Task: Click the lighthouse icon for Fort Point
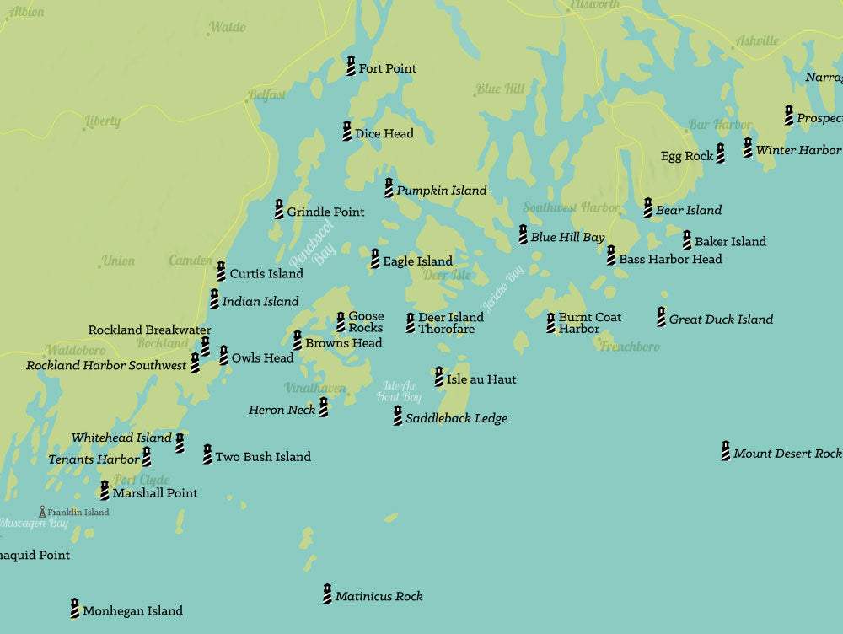point(351,66)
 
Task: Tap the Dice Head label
point(384,133)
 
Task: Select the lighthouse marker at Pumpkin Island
point(389,188)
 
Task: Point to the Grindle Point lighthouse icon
point(279,209)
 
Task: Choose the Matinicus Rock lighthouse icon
point(327,594)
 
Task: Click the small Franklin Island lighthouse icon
point(42,512)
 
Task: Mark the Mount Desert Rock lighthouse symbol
point(725,451)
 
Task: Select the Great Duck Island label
point(721,320)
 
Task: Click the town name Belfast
point(267,94)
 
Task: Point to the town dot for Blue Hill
point(475,94)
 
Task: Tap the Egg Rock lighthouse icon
point(720,153)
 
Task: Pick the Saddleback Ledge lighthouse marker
point(397,416)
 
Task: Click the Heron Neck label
point(282,410)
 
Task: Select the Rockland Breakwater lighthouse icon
point(205,346)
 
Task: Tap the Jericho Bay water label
point(503,289)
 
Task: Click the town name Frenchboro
point(631,347)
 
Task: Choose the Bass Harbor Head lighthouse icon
point(611,255)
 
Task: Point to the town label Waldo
point(228,28)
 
